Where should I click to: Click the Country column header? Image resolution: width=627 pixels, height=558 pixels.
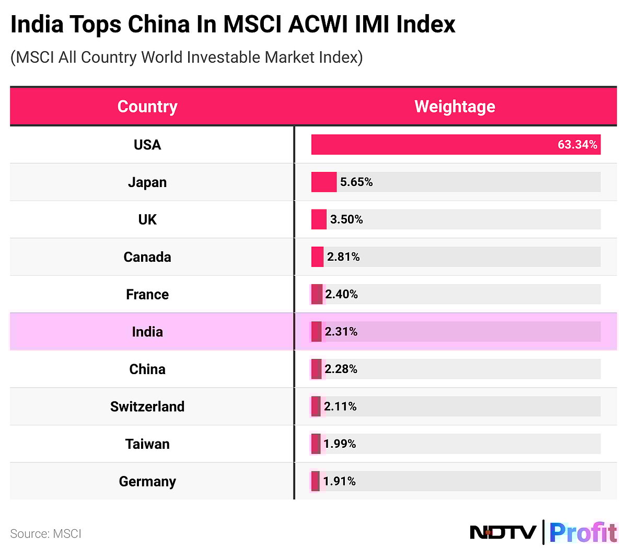pyautogui.click(x=147, y=107)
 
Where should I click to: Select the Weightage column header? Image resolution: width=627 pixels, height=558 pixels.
pyautogui.click(x=455, y=107)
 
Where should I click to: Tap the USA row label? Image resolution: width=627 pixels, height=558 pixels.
pyautogui.click(x=147, y=145)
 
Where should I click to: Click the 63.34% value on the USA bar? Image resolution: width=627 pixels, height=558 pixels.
pyautogui.click(x=577, y=145)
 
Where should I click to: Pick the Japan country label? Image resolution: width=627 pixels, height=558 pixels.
pyautogui.click(x=147, y=182)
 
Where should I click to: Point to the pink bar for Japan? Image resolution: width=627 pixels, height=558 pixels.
pyautogui.click(x=324, y=182)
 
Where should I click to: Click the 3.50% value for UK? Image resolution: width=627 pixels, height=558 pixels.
pyautogui.click(x=346, y=219)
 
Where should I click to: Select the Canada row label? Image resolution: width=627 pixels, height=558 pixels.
pyautogui.click(x=147, y=257)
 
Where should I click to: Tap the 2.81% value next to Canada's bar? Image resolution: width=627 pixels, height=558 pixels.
pyautogui.click(x=343, y=257)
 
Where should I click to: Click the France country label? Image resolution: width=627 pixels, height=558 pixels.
pyautogui.click(x=147, y=295)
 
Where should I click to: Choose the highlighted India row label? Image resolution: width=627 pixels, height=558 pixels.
pyautogui.click(x=147, y=332)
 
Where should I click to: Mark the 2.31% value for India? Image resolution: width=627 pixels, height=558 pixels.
pyautogui.click(x=341, y=332)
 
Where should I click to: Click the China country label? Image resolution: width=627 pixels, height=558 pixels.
pyautogui.click(x=147, y=369)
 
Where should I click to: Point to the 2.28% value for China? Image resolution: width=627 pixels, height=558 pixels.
pyautogui.click(x=341, y=369)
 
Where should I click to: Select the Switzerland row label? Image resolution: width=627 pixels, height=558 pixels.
pyautogui.click(x=147, y=406)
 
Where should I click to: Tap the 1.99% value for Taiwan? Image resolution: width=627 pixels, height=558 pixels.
pyautogui.click(x=340, y=444)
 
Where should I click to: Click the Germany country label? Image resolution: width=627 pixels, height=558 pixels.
pyautogui.click(x=147, y=481)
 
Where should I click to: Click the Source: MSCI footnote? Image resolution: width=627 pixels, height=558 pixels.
pyautogui.click(x=46, y=534)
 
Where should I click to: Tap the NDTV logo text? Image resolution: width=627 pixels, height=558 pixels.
pyautogui.click(x=503, y=532)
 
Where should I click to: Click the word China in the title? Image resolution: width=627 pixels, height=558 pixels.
pyautogui.click(x=159, y=25)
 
